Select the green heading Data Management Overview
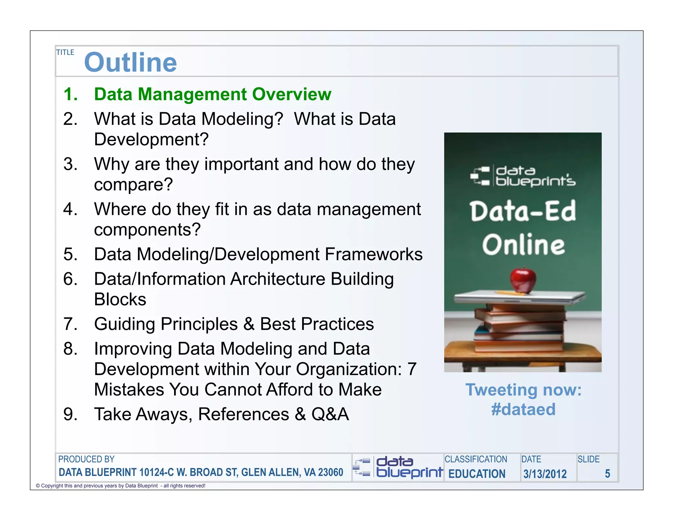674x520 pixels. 212,94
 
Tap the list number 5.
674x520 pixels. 70,254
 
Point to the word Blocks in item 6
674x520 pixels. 120,299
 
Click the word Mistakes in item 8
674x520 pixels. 129,390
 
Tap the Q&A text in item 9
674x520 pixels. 330,414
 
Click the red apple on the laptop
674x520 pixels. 523,280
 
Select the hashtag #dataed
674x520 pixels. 523,410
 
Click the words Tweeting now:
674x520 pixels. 523,390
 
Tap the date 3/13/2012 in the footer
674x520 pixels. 545,474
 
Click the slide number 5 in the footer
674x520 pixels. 607,474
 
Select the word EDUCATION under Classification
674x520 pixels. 477,474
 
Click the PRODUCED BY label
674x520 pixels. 86,459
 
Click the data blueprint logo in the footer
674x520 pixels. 398,467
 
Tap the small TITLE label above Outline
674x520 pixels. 65,53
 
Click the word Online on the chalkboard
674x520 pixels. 523,245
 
